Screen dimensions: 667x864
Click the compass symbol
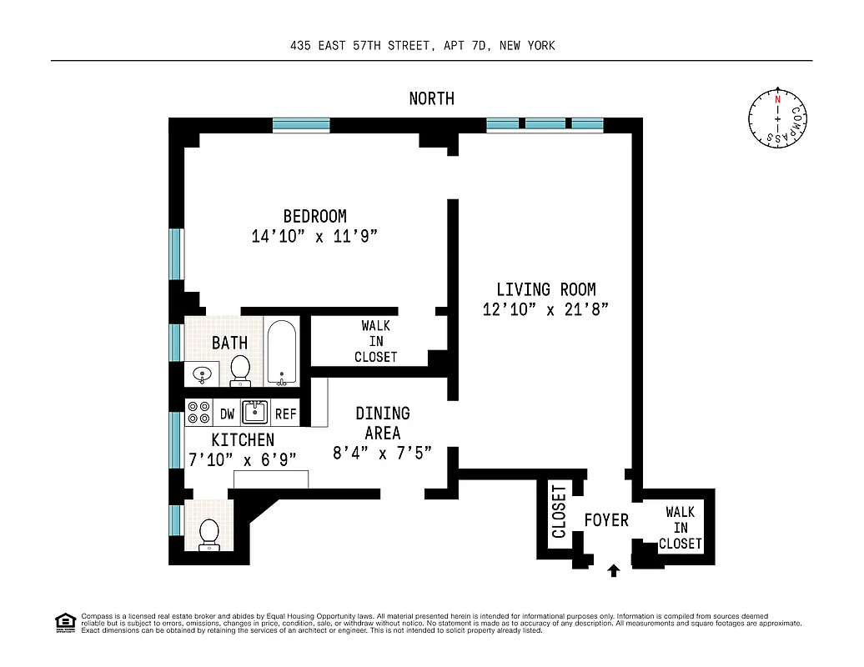coord(778,119)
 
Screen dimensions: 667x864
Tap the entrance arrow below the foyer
coord(614,570)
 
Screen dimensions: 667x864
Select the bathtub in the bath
coord(283,353)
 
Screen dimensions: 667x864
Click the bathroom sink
coord(201,375)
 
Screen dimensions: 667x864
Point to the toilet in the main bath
coord(240,369)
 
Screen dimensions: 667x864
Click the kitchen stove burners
coord(199,413)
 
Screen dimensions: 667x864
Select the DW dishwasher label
coord(227,414)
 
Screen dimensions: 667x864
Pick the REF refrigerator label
coord(286,414)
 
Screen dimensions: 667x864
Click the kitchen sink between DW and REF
coord(254,412)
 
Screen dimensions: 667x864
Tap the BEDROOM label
coord(314,217)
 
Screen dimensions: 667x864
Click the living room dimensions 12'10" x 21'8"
coord(546,310)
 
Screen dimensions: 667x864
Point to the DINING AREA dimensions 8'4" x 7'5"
coord(382,454)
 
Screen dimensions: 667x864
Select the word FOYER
coord(605,520)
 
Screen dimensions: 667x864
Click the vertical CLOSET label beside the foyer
coord(558,511)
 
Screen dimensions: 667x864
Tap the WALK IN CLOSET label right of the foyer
coord(680,528)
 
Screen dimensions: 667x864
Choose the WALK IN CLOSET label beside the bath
coord(375,341)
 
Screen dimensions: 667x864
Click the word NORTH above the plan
coord(431,98)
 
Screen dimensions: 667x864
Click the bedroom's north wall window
coord(301,126)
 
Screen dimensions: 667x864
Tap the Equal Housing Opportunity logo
coord(65,622)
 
